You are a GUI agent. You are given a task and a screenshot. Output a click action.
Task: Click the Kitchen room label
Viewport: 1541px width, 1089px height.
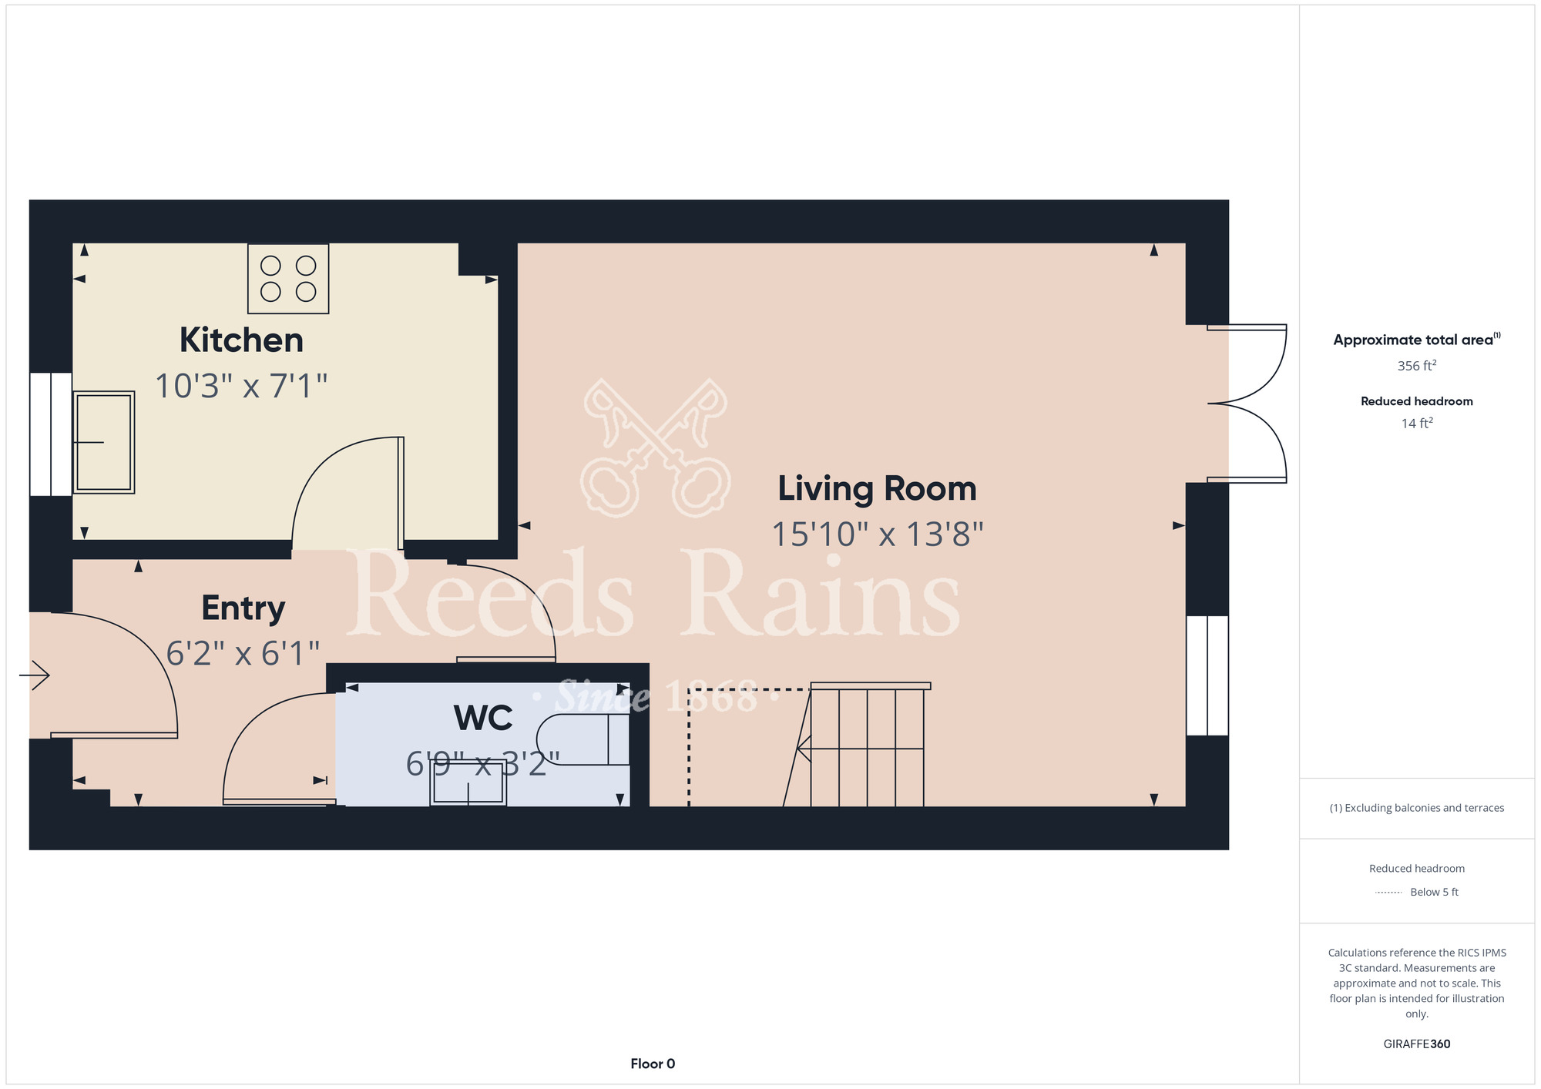click(x=241, y=340)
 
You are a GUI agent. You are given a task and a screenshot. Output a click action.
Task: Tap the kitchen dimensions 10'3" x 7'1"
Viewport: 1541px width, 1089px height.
click(x=241, y=386)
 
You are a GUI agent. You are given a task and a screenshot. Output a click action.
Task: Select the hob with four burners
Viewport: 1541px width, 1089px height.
click(x=288, y=279)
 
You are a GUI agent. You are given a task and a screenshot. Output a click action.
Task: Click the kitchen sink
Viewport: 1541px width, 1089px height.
click(x=104, y=442)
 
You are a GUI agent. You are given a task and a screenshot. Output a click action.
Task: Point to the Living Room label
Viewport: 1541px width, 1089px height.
click(x=877, y=488)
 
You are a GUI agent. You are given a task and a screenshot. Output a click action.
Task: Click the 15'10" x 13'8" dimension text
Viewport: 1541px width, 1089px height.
click(x=878, y=534)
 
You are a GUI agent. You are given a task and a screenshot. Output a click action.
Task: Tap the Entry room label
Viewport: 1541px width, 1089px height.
click(x=243, y=608)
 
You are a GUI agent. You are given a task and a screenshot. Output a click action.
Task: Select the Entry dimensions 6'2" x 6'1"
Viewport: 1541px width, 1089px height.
click(x=243, y=654)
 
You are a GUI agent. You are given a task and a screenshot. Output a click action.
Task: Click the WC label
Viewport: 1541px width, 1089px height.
click(x=483, y=718)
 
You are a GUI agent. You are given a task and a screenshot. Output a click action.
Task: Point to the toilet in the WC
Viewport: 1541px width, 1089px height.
click(x=582, y=739)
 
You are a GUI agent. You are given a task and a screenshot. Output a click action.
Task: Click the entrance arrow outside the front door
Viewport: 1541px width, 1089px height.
click(x=35, y=675)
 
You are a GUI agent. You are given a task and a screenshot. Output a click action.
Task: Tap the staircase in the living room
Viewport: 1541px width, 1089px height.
click(x=863, y=746)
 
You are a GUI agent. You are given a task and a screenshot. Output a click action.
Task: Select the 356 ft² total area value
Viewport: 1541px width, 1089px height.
click(x=1416, y=365)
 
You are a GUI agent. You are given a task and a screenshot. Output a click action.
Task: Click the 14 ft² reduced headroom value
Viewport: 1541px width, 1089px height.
click(x=1416, y=423)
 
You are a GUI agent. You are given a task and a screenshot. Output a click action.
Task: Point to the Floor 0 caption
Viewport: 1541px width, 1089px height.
click(x=653, y=1064)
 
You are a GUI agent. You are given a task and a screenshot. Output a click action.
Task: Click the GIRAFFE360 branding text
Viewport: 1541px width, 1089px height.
click(x=1416, y=1044)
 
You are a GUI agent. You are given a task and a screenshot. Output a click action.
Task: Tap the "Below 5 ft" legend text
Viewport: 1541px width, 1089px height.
click(x=1434, y=892)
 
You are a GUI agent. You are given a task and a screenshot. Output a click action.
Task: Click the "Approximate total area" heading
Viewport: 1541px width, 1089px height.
click(x=1416, y=340)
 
